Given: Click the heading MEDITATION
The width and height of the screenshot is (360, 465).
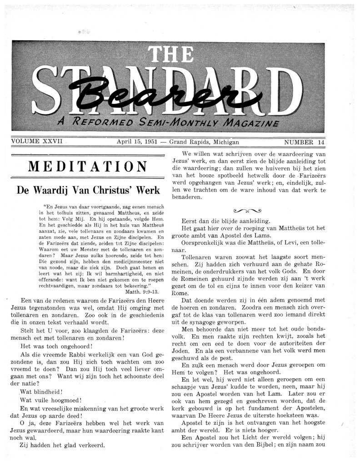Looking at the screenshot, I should pyautogui.click(x=87, y=167).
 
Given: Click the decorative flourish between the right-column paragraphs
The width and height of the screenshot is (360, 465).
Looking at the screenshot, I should pyautogui.click(x=247, y=210).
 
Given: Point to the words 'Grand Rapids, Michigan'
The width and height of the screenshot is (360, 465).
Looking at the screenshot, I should pyautogui.click(x=204, y=142).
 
